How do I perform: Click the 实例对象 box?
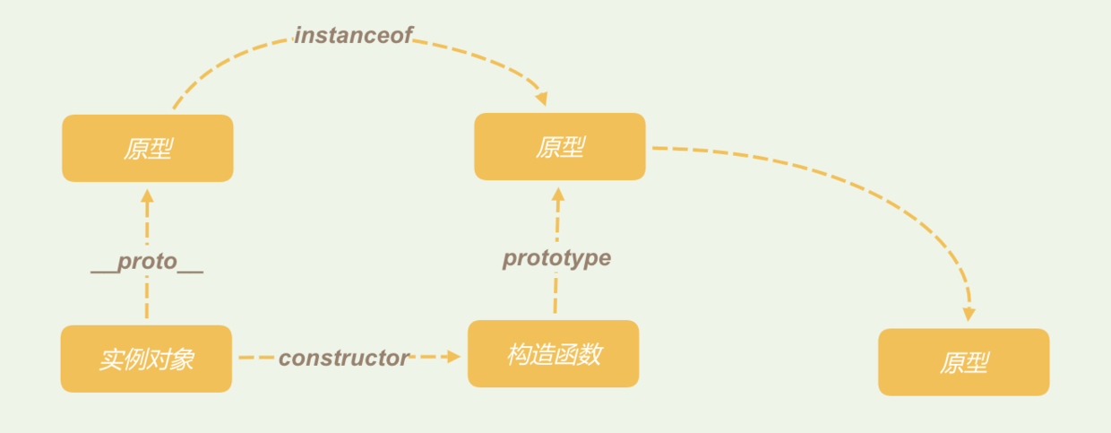coord(146,359)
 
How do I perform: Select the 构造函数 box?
coord(553,354)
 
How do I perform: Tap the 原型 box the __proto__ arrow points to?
coord(147,148)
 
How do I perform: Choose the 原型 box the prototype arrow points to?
coord(559,146)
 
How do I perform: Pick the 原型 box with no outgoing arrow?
coord(963,362)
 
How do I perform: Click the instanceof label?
coord(353,35)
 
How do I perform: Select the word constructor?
coord(343,358)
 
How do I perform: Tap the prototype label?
coord(556,258)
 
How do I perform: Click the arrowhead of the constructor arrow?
coord(453,357)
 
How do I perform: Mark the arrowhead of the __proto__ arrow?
coord(148,195)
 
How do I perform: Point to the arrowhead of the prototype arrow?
coord(558,193)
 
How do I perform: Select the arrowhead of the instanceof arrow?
coord(540,99)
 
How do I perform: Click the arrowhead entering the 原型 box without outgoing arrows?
coord(969,315)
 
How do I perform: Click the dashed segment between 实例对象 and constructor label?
coord(255,358)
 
